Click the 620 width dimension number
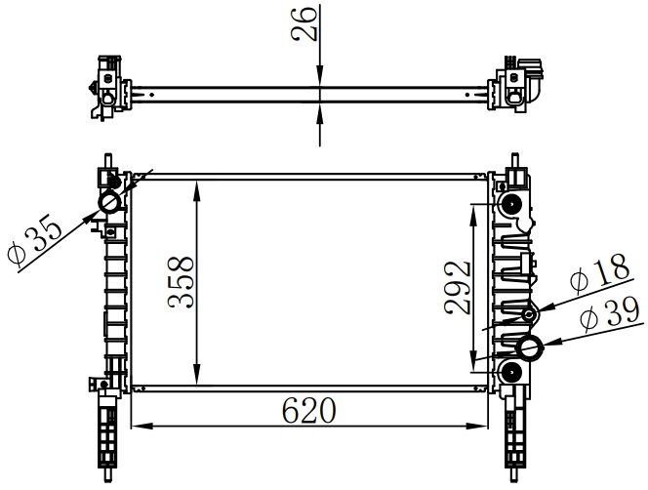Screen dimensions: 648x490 click(309, 411)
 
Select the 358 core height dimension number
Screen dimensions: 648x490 click(181, 283)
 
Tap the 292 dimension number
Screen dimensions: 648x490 click(458, 287)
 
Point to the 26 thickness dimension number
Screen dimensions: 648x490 click(304, 23)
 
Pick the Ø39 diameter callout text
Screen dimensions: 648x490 click(610, 315)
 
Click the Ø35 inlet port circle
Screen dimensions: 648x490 click(109, 203)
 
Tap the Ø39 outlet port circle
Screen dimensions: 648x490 click(530, 348)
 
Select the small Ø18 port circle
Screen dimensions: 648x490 click(529, 315)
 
